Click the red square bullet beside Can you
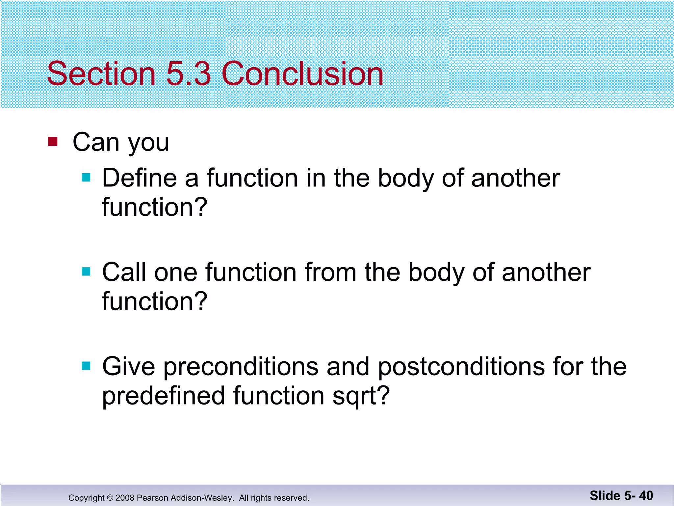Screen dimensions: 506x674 [x=53, y=141]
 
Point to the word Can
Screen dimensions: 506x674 [x=96, y=142]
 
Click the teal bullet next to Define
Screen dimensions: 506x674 [x=86, y=178]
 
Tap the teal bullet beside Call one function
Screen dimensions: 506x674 [x=86, y=271]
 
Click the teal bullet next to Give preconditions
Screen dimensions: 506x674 [x=86, y=366]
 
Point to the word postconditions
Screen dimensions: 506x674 [x=461, y=367]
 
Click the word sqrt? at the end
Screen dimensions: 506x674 [x=361, y=396]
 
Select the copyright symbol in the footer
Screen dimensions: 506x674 [x=110, y=498]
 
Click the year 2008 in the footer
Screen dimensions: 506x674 [x=125, y=498]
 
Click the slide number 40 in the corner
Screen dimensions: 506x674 [x=646, y=495]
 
